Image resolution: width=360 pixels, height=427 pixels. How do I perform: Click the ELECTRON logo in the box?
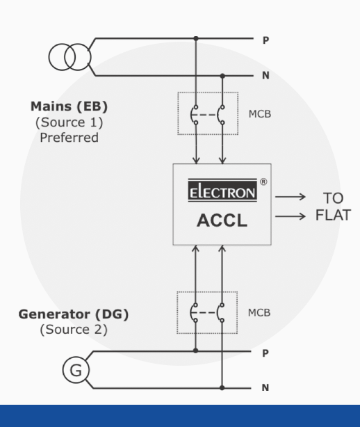[x=222, y=190]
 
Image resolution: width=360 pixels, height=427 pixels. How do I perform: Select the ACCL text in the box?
[x=222, y=220]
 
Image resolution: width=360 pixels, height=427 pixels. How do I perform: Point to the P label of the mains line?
[x=266, y=40]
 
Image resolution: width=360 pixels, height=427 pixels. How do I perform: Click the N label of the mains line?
[x=266, y=75]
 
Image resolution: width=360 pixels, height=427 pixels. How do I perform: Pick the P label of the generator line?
[x=265, y=353]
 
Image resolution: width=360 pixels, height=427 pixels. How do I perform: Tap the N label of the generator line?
[x=265, y=387]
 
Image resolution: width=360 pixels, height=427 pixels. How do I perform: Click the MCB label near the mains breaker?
[x=260, y=114]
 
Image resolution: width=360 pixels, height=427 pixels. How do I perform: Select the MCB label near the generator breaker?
[x=259, y=313]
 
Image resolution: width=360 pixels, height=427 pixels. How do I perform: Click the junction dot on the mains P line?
[x=196, y=38]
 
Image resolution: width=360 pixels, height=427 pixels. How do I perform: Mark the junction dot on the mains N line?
[x=222, y=76]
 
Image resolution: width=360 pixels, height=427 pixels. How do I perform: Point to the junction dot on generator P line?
[x=195, y=351]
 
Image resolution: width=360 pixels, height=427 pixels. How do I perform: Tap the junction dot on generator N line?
[x=222, y=388]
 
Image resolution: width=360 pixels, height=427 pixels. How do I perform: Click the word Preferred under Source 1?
[x=69, y=138]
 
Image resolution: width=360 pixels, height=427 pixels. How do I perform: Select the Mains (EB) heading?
[x=69, y=106]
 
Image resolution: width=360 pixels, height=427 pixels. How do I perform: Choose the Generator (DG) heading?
[x=74, y=314]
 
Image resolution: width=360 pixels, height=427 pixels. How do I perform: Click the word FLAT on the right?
[x=333, y=215]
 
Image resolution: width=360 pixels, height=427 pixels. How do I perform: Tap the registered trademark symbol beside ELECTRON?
[x=263, y=182]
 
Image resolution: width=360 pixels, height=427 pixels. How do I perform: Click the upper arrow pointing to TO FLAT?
[x=291, y=197]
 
